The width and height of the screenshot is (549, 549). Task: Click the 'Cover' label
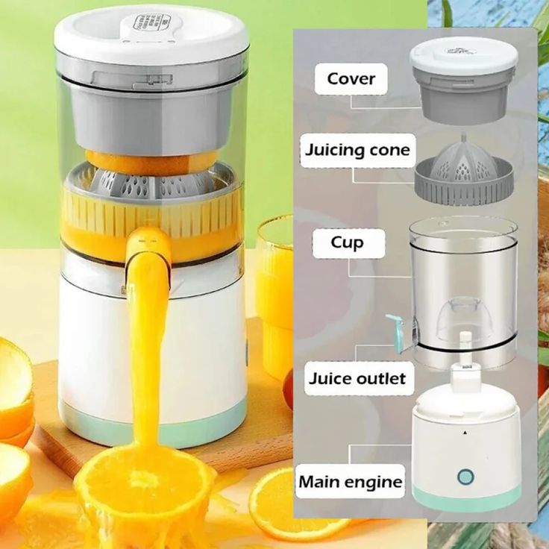[x=351, y=78]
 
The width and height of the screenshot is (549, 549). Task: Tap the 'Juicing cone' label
[x=357, y=150]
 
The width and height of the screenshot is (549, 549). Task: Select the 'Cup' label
[x=348, y=243]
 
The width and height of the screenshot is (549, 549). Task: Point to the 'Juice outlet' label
[x=357, y=378]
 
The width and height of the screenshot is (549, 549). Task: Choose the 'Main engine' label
[x=351, y=481]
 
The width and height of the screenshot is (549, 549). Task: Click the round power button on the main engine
[x=466, y=477]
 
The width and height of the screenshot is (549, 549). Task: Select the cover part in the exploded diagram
[x=462, y=78]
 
